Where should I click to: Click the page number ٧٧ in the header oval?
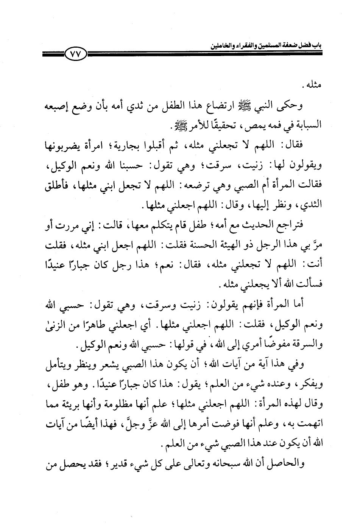point(76,54)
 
